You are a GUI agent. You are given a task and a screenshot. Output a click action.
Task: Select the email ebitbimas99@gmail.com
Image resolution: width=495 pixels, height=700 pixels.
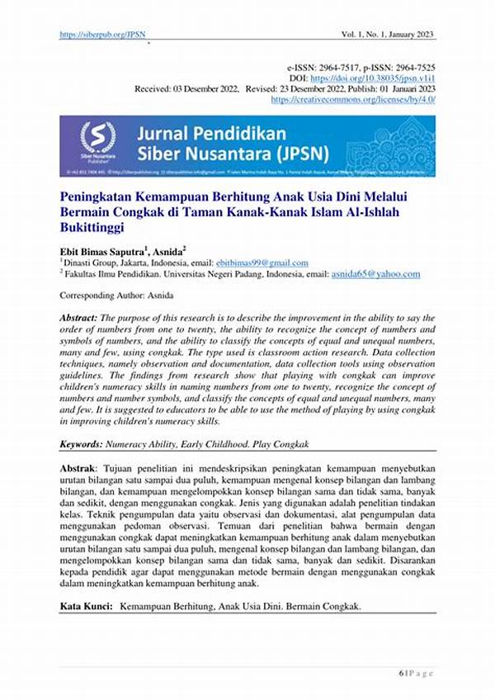(263, 262)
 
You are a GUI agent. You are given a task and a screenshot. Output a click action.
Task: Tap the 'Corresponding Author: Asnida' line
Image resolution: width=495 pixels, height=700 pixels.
(116, 295)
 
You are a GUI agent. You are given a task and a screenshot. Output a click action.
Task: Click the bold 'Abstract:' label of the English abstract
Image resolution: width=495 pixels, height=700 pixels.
(78, 318)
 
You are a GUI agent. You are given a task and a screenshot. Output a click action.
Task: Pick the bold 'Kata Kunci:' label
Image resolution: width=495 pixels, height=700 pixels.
(86, 606)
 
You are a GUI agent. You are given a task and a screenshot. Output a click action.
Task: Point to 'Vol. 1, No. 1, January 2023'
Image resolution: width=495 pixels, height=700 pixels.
(388, 35)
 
